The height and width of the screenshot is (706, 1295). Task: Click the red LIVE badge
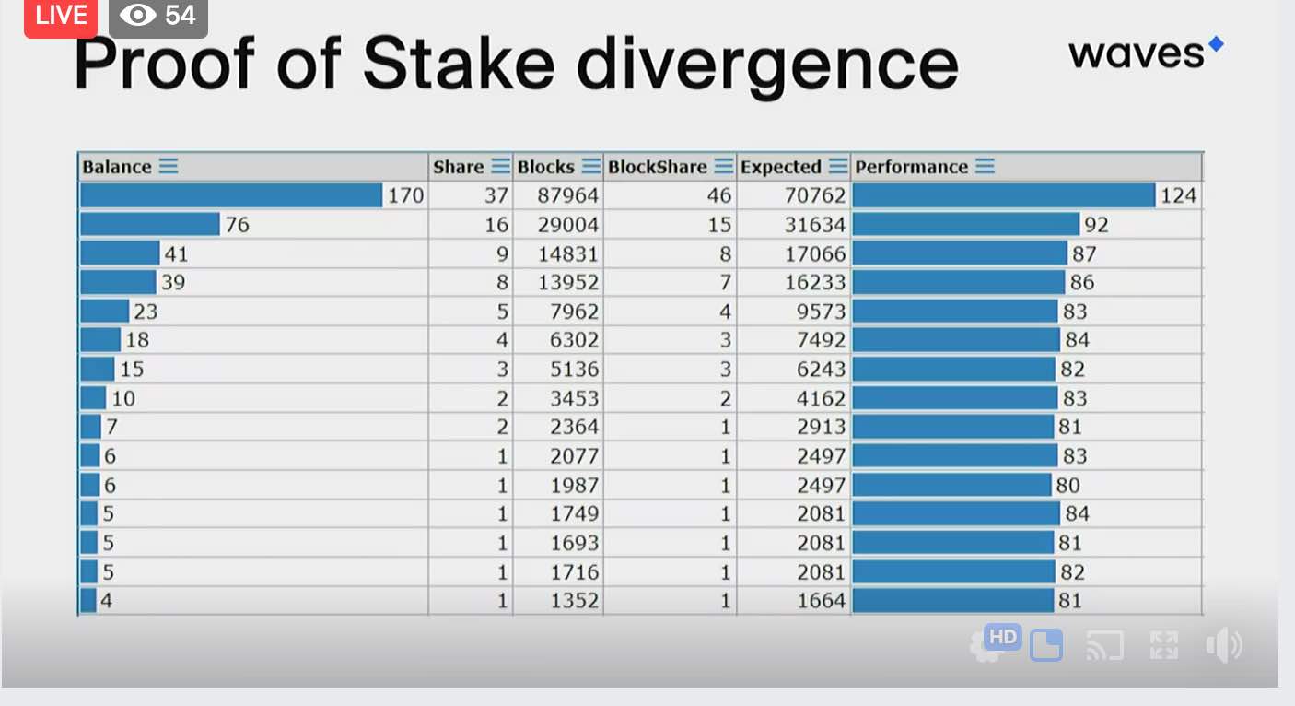coord(61,17)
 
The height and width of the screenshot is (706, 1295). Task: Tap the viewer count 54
coord(180,15)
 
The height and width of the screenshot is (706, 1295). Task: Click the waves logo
coord(1146,53)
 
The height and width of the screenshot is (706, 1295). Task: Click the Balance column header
coord(117,167)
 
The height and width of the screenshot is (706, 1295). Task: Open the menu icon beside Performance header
coord(986,166)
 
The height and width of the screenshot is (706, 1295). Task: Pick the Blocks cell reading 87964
coord(567,195)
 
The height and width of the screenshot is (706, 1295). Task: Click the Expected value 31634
coord(814,225)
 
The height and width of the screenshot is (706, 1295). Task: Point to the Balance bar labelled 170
coord(231,195)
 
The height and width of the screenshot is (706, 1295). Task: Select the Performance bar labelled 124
coord(1004,195)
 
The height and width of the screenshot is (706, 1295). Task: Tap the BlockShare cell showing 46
coord(719,195)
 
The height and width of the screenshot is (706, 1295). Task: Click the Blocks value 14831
coord(567,254)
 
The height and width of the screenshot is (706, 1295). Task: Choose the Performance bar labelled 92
coord(966,225)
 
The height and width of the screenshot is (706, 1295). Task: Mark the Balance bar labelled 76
coord(150,225)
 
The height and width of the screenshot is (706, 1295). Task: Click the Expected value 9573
coord(821,312)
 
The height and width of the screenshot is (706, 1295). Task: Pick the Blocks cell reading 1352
coord(574,601)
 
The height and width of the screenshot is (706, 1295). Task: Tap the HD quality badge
coord(1002,637)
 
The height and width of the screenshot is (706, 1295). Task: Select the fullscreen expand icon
coord(1164,644)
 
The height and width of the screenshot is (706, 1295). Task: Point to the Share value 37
coord(496,195)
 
